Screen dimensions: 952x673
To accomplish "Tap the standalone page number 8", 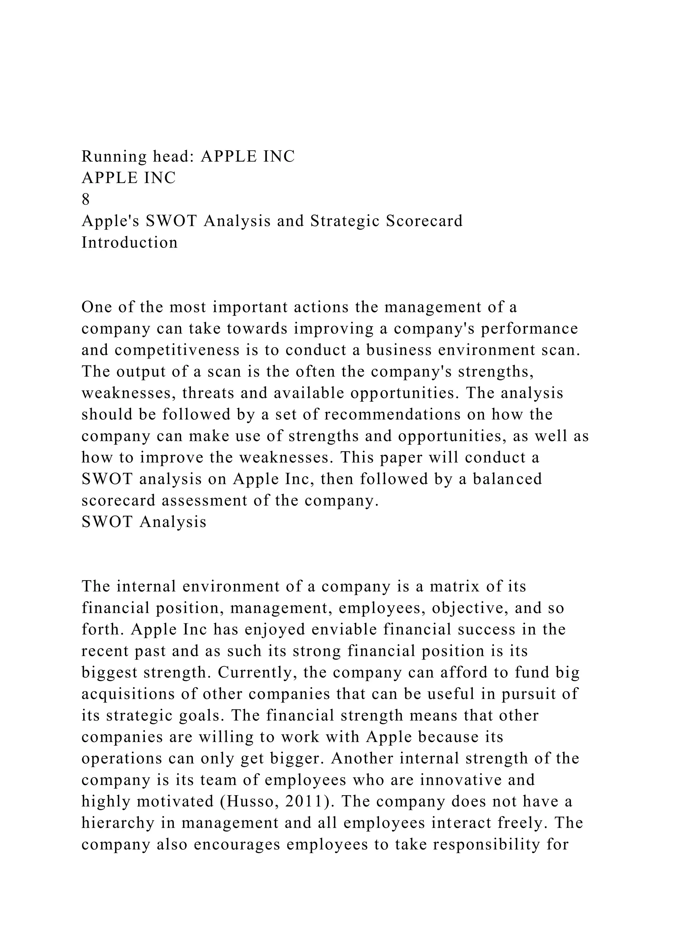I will click(86, 200).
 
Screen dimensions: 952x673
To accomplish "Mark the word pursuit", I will click(528, 694).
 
